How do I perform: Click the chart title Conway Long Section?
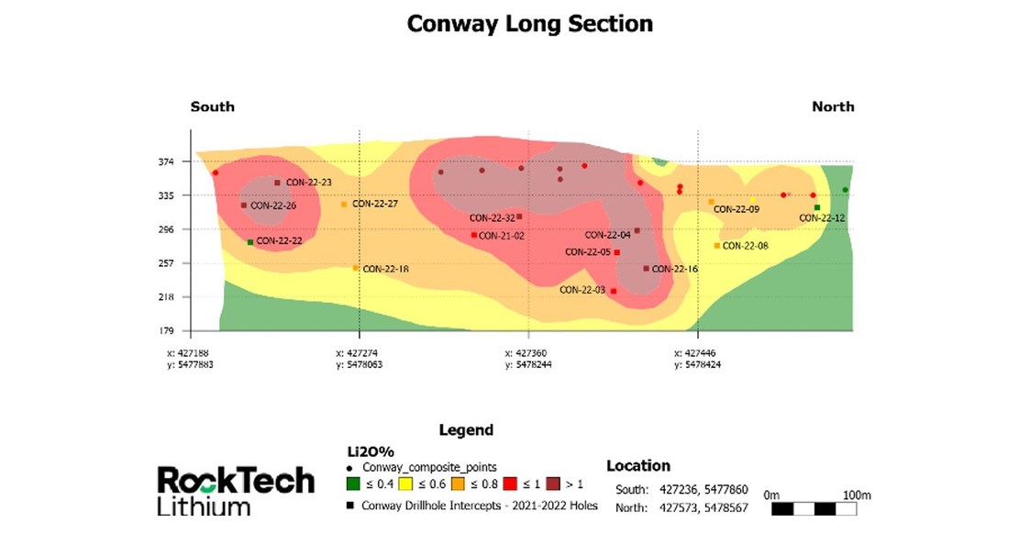click(529, 24)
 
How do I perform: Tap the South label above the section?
click(212, 106)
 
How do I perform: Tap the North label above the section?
click(833, 106)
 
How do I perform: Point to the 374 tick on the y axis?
click(166, 161)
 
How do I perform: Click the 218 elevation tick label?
click(166, 296)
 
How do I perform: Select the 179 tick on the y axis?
click(166, 330)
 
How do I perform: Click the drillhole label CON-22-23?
click(308, 183)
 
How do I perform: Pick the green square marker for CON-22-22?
click(250, 242)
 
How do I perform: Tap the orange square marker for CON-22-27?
click(344, 204)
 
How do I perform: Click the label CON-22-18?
click(385, 269)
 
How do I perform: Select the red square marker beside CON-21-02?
click(473, 235)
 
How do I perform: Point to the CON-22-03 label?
click(581, 290)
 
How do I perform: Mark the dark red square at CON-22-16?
click(646, 269)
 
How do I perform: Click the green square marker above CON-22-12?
click(816, 207)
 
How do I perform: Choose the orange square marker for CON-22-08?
click(717, 246)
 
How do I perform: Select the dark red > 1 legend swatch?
click(553, 484)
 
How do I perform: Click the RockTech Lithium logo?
click(235, 489)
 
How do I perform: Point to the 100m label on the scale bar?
click(854, 495)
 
